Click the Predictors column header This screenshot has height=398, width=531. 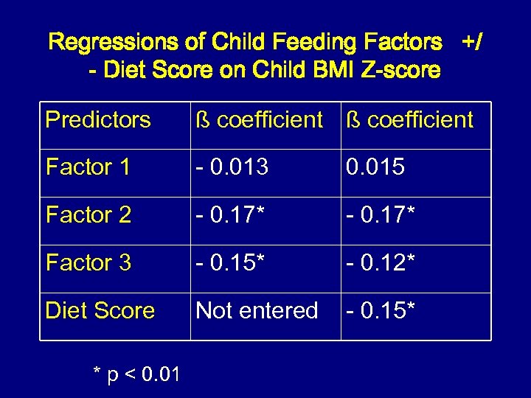98,119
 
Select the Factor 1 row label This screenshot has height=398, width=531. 88,167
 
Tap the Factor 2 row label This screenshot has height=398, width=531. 88,215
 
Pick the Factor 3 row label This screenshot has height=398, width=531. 88,262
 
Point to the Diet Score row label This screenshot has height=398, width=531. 100,310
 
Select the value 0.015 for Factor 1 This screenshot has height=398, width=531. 375,167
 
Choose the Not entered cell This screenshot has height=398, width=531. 257,310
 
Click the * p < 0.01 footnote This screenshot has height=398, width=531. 136,375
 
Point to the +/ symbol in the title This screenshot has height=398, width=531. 472,42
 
